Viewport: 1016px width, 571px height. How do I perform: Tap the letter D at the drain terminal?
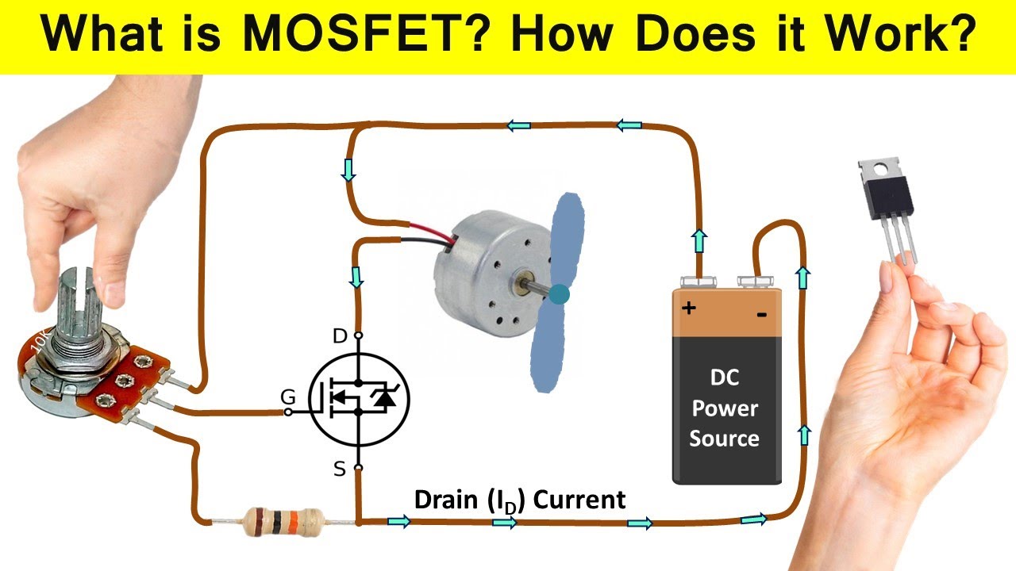pyautogui.click(x=340, y=336)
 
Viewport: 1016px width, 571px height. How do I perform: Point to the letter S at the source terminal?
pyautogui.click(x=340, y=469)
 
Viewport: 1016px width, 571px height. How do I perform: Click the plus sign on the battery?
pyautogui.click(x=688, y=307)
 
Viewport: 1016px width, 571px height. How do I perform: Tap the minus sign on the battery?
pyautogui.click(x=761, y=315)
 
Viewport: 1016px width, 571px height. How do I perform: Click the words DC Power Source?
pyautogui.click(x=724, y=408)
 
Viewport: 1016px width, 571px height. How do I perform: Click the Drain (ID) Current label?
pyautogui.click(x=520, y=500)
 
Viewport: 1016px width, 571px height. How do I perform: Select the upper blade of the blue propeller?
pyautogui.click(x=565, y=238)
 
